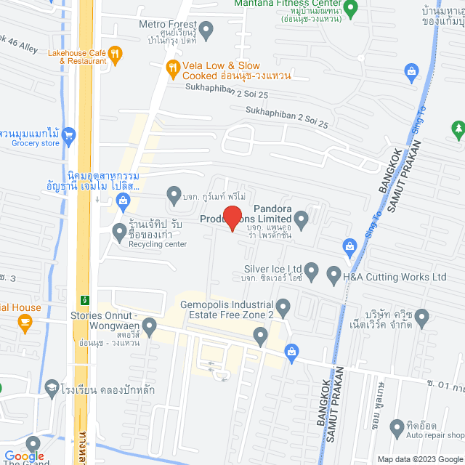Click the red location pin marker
(x=232, y=218)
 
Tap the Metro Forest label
(x=168, y=24)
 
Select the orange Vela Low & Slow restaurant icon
(x=172, y=70)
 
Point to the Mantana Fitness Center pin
(x=351, y=10)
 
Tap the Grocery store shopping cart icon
(x=69, y=134)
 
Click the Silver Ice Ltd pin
(x=312, y=272)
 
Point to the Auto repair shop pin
(x=397, y=426)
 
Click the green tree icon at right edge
(x=458, y=130)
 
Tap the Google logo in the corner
(x=24, y=456)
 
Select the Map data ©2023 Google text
(x=419, y=459)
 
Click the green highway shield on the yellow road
(x=86, y=299)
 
